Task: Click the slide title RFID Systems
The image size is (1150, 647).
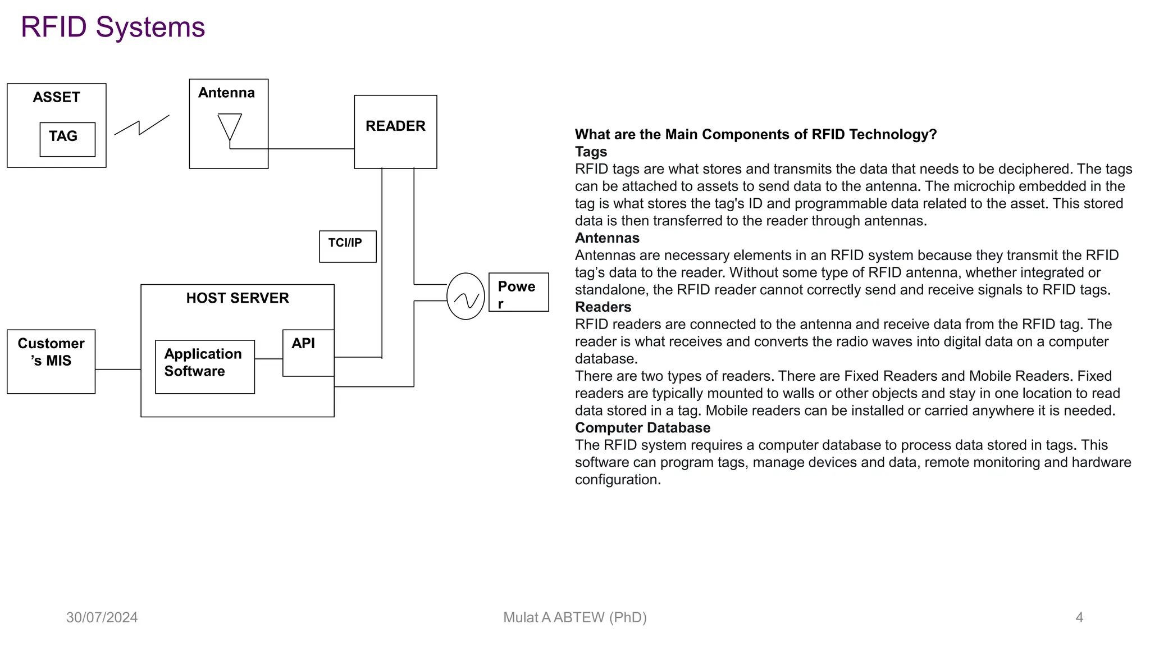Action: (x=113, y=27)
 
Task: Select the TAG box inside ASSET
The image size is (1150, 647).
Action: (x=67, y=139)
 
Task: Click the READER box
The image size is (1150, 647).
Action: (x=395, y=131)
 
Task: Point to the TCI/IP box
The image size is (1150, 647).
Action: (x=348, y=246)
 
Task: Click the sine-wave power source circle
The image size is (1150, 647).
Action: (x=466, y=297)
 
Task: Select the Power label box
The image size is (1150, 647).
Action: (x=518, y=292)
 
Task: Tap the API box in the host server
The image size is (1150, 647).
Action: (x=308, y=352)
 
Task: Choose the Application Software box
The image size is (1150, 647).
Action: (x=204, y=366)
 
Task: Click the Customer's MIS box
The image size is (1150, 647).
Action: (x=51, y=361)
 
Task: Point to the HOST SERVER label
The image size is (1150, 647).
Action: (x=238, y=298)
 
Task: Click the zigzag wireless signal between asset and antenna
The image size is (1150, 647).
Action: (x=142, y=126)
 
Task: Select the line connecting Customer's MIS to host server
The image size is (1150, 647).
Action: (x=118, y=369)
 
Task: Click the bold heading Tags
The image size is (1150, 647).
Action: (x=591, y=152)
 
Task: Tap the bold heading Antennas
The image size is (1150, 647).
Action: (x=607, y=238)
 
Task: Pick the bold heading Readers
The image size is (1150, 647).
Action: (x=603, y=307)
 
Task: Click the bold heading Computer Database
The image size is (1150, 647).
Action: (x=642, y=428)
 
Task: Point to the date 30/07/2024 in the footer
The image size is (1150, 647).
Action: (x=102, y=618)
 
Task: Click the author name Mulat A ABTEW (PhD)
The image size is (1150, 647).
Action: (x=575, y=618)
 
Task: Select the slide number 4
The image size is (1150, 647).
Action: (x=1079, y=618)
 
